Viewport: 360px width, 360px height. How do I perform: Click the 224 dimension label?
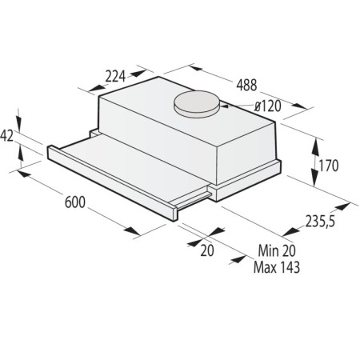tap(115, 76)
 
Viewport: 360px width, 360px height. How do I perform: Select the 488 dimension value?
tap(246, 85)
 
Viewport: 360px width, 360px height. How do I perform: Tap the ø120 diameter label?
tap(268, 106)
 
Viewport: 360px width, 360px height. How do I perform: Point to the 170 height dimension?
tap(329, 166)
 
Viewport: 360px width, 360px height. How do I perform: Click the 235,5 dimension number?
tap(320, 221)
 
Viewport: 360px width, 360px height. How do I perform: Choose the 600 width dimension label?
tap(75, 202)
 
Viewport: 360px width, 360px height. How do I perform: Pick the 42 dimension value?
tap(6, 136)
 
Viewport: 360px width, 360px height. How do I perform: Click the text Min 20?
tap(277, 250)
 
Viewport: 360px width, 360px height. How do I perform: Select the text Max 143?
tap(277, 267)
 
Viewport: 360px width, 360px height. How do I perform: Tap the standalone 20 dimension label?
tap(207, 250)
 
